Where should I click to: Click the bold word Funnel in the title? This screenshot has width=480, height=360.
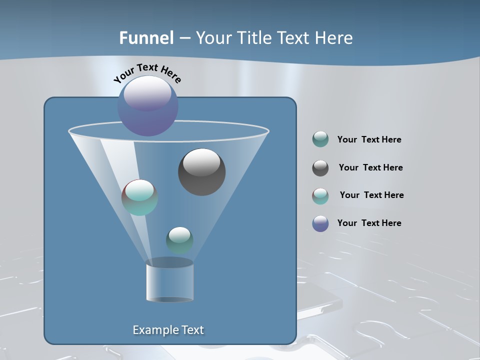(x=146, y=38)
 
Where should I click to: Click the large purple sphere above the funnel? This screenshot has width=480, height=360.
(x=147, y=105)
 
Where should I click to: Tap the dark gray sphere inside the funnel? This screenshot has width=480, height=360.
(x=201, y=171)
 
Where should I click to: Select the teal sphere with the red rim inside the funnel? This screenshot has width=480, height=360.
(x=139, y=197)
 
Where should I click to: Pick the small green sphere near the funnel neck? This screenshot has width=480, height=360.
(x=179, y=240)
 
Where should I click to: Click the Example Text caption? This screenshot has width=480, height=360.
(x=168, y=330)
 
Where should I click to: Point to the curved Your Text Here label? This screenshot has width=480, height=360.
(x=147, y=73)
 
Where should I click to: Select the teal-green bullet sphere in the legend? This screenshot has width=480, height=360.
(x=320, y=139)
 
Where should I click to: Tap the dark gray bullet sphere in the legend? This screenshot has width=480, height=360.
(x=320, y=168)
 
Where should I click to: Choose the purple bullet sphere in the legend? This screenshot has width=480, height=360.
(x=320, y=223)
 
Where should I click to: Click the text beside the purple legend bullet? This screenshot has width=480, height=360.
(x=369, y=223)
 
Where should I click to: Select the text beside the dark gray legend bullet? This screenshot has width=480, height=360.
(x=370, y=167)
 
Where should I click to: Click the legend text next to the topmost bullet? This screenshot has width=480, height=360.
(x=369, y=139)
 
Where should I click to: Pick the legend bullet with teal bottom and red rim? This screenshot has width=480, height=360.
(x=320, y=196)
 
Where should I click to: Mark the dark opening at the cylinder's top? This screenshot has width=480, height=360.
(x=169, y=262)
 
